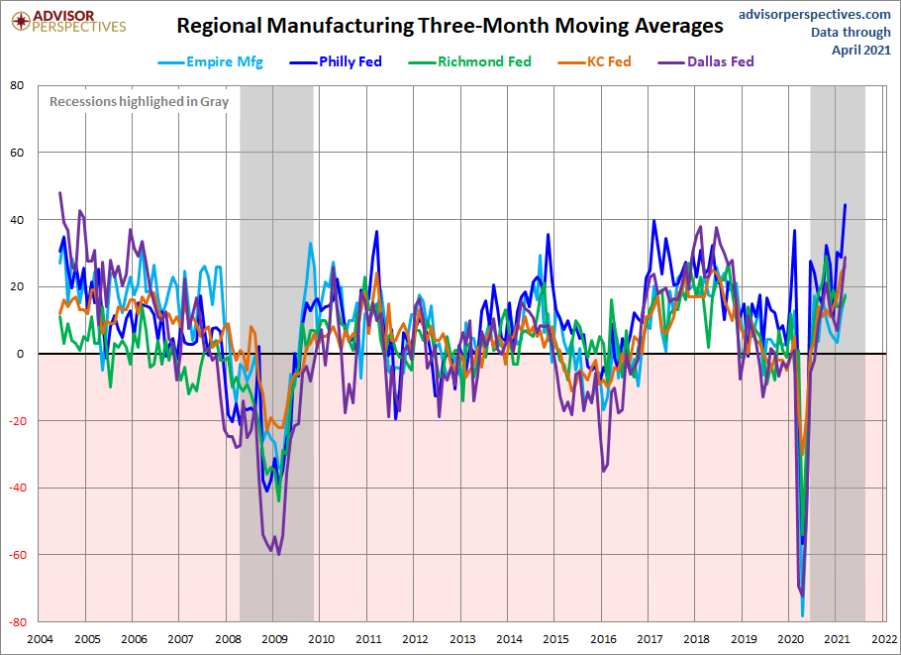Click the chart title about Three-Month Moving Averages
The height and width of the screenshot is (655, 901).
450,26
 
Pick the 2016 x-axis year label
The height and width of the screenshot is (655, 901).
603,640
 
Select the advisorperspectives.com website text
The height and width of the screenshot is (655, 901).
801,14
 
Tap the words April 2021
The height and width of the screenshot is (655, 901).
860,49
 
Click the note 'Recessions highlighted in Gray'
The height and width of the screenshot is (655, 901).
139,101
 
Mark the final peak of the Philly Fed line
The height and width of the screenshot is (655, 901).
845,205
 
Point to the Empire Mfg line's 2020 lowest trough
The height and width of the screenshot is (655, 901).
801,615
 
